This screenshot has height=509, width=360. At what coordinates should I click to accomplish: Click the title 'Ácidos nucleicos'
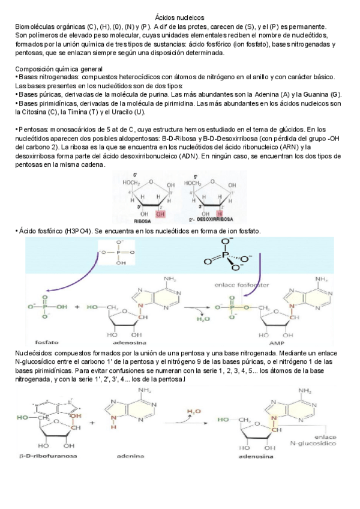[x=180, y=19]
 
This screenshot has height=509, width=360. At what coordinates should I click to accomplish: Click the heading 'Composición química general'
[x=58, y=69]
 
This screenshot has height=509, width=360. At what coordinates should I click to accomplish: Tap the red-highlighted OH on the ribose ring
[x=160, y=212]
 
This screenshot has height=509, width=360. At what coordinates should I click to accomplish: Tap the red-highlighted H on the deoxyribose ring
[x=220, y=212]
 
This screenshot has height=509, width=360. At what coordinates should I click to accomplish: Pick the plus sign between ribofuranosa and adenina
[x=91, y=421]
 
